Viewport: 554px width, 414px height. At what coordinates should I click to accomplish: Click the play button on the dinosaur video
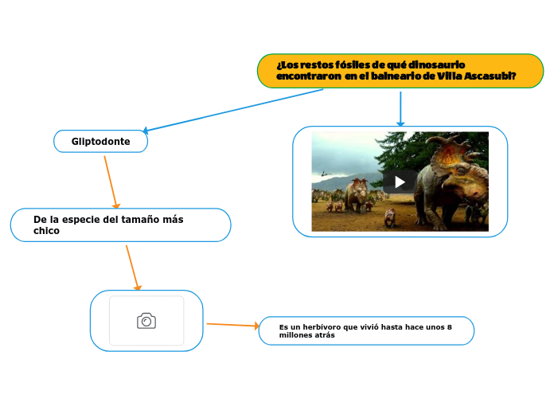tap(400, 182)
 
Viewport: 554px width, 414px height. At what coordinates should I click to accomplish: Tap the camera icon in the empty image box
tap(146, 321)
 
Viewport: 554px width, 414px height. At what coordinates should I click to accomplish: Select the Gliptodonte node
tap(100, 142)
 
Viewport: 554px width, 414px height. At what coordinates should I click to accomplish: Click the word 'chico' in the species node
tap(46, 231)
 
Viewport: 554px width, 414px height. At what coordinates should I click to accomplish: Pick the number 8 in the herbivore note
tap(450, 326)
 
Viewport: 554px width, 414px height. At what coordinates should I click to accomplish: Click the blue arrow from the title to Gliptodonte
tap(231, 110)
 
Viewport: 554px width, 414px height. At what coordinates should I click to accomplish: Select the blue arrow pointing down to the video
tap(400, 108)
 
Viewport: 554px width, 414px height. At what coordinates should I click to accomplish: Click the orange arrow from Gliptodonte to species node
tap(111, 182)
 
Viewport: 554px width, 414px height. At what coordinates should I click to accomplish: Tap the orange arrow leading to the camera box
tap(132, 267)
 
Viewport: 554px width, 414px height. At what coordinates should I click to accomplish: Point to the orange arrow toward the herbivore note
tap(232, 325)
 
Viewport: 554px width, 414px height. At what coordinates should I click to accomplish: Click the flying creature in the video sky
tap(324, 172)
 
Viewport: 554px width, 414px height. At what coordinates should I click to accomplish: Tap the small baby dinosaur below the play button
tap(389, 217)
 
